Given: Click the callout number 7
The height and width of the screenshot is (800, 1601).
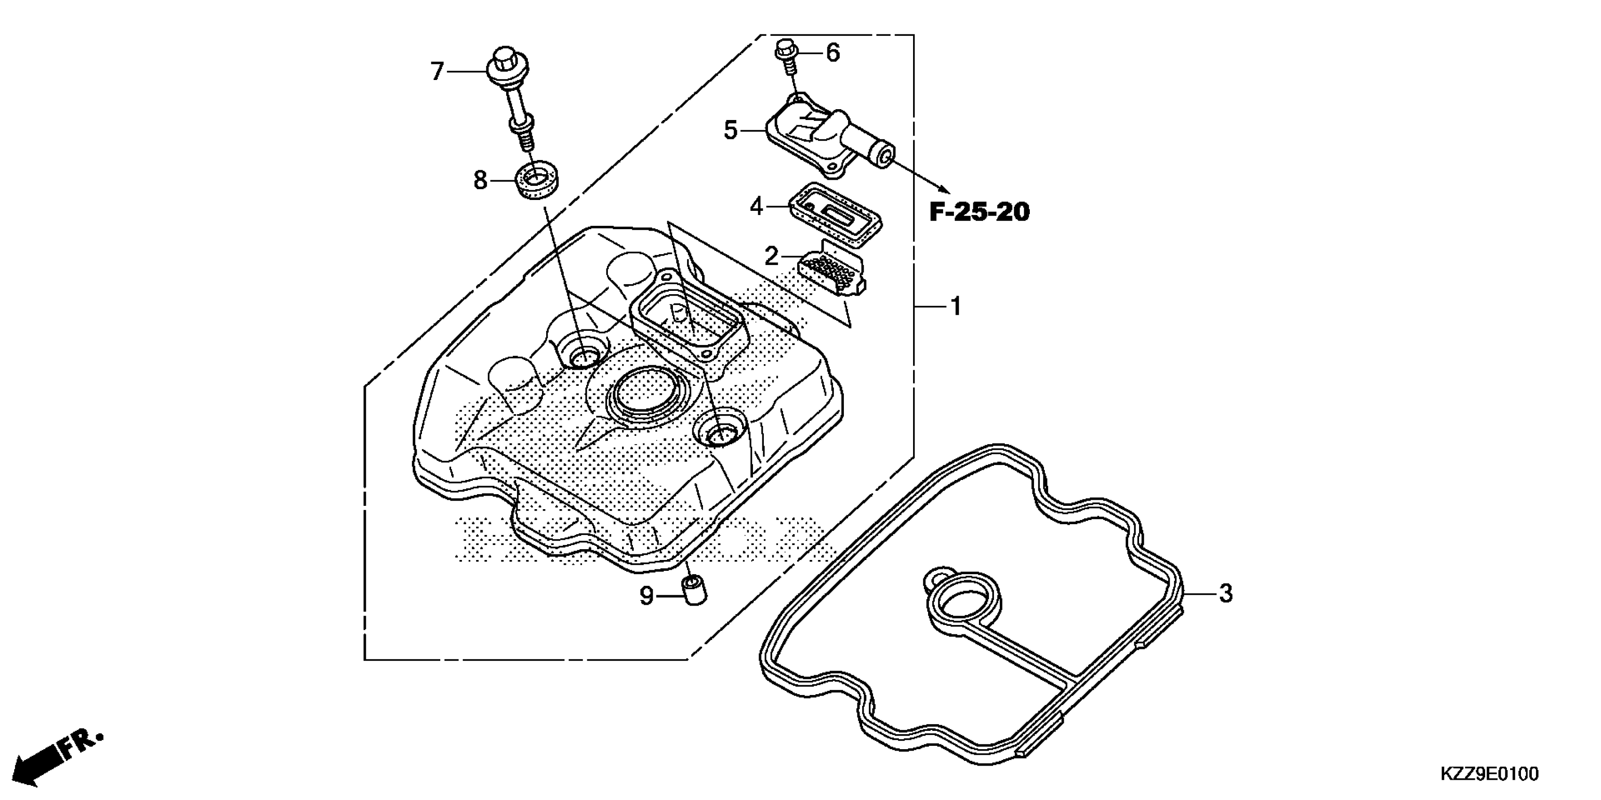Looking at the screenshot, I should coord(437,72).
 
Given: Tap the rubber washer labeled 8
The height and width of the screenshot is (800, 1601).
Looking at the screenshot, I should coord(538,180).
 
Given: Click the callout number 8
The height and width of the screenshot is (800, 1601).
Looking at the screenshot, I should coord(480,181).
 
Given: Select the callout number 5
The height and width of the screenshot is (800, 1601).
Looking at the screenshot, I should coord(731,130).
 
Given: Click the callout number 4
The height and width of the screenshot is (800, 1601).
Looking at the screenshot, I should coord(756,206).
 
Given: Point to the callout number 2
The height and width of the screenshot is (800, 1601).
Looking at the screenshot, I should coord(771,255).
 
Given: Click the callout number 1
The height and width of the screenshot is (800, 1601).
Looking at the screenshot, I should coord(956,306).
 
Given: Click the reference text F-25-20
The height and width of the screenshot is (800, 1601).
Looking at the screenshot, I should coord(979,212).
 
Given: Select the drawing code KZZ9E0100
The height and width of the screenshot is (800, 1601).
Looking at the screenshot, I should coord(1488,774).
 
